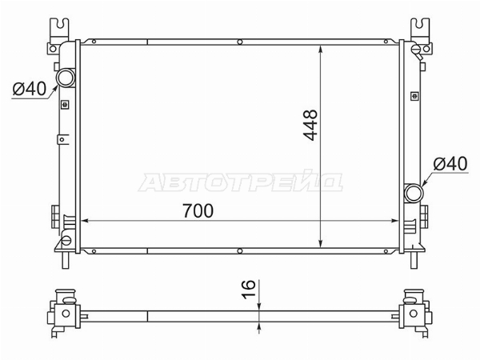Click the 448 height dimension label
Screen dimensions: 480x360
pos(310,125)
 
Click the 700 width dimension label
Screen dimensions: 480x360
pos(198,210)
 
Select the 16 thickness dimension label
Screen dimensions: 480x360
pos(248,289)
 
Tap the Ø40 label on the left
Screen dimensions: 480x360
pos(30,89)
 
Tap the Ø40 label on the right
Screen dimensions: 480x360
pos(450,163)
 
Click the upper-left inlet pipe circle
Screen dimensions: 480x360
pos(66,78)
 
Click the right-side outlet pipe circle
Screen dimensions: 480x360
pos(414,193)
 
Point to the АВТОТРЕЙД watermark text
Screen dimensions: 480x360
pos(241,182)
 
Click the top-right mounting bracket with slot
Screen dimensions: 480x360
pos(420,28)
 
